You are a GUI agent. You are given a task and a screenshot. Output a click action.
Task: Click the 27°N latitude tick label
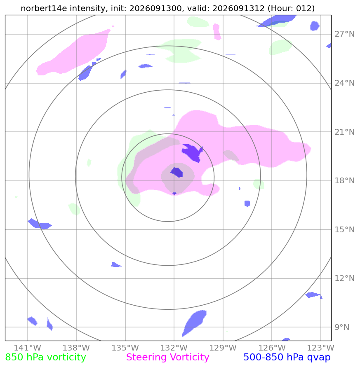[344, 34]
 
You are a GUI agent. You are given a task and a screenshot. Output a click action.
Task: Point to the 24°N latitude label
[344, 83]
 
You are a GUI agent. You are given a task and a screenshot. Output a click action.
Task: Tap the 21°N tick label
[344, 132]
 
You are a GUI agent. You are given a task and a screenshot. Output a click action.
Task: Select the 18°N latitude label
[344, 181]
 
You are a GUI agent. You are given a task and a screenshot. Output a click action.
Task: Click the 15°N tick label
[344, 229]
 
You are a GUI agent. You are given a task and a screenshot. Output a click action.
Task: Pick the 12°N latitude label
[344, 278]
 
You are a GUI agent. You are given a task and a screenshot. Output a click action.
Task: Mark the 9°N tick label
[342, 327]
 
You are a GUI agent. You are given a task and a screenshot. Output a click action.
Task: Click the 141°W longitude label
[27, 348]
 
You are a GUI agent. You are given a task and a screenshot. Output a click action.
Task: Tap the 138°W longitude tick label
[76, 348]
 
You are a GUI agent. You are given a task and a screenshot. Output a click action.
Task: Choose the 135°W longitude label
[125, 348]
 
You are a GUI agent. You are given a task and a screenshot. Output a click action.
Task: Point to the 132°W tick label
[174, 348]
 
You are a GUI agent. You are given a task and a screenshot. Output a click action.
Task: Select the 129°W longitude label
[223, 348]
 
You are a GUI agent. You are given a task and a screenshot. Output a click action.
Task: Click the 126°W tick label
[272, 348]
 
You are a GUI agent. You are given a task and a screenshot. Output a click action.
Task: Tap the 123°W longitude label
[321, 348]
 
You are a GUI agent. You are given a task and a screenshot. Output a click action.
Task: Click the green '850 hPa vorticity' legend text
[45, 358]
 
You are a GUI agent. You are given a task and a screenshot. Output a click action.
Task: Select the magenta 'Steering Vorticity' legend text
[167, 358]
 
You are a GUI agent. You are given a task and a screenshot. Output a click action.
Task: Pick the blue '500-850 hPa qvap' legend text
[287, 358]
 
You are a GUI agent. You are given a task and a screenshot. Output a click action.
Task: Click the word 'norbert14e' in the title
[44, 8]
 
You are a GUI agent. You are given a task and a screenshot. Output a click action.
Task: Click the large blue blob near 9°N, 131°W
[194, 323]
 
